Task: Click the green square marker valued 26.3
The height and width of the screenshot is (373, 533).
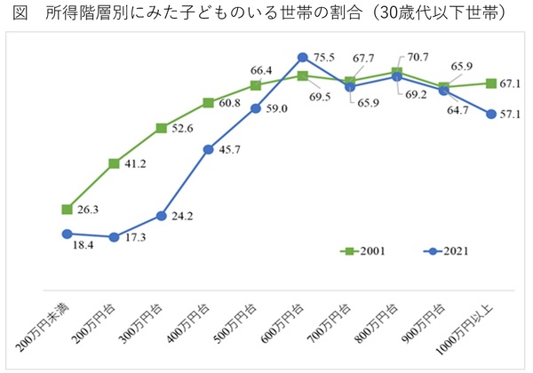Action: tap(67, 210)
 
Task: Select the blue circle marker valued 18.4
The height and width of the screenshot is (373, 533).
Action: tap(67, 234)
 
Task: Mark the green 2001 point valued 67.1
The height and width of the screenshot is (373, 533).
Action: tap(491, 83)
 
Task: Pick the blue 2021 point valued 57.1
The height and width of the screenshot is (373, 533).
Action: tap(491, 113)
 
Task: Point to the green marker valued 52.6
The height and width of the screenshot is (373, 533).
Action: tap(162, 128)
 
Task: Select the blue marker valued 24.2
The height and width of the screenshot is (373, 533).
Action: tap(162, 215)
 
